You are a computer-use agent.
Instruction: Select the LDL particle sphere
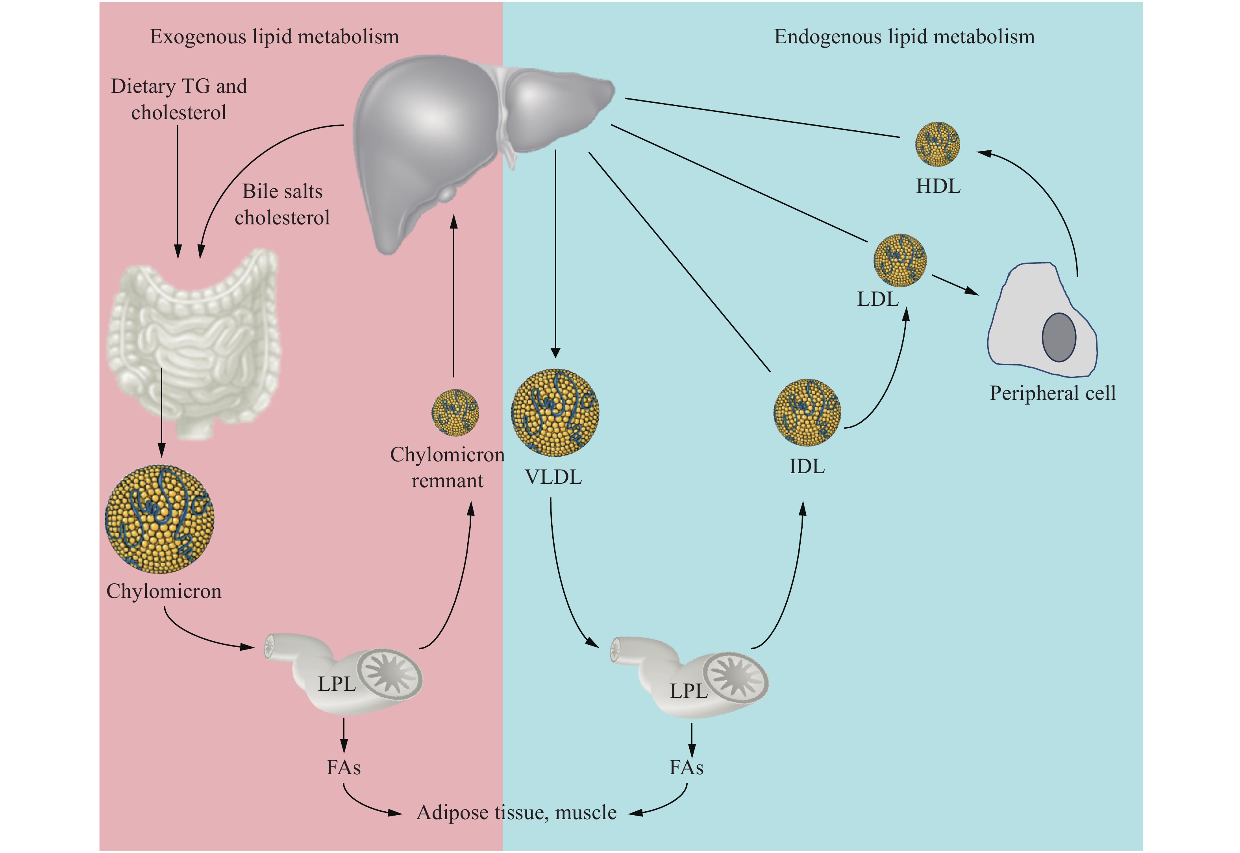click(899, 260)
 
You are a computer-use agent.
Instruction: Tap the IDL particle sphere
click(807, 412)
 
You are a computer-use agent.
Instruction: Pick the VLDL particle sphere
click(555, 412)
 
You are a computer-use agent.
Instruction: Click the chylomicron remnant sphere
click(455, 413)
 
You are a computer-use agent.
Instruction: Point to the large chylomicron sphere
click(160, 518)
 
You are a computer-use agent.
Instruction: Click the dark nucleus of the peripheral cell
click(1059, 337)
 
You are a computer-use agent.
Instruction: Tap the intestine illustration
click(195, 342)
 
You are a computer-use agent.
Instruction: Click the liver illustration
click(454, 133)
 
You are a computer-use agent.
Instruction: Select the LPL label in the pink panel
click(337, 684)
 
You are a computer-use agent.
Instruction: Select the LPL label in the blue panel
click(689, 691)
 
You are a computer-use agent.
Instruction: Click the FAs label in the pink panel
click(344, 768)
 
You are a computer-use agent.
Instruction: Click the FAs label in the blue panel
click(686, 768)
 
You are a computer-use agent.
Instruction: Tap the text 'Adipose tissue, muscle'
click(516, 812)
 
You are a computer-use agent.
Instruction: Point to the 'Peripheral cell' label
click(1052, 393)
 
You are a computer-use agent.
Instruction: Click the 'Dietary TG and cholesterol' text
click(179, 99)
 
